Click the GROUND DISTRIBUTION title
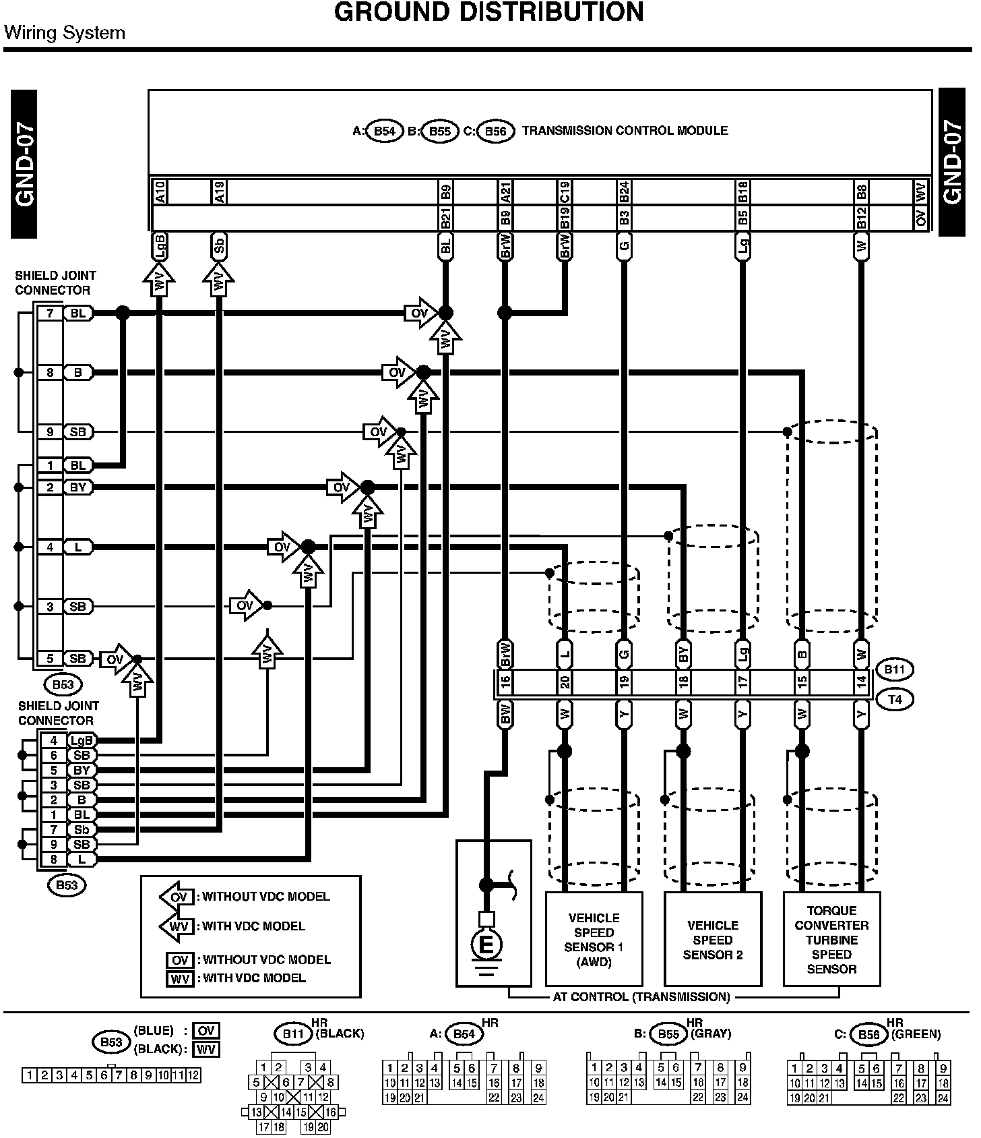(x=488, y=12)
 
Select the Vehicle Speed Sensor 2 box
(x=712, y=939)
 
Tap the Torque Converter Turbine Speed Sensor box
(x=831, y=939)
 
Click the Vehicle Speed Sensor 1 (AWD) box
(x=594, y=939)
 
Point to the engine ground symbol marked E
(x=486, y=945)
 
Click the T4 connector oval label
(x=894, y=699)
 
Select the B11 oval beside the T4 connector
(x=894, y=669)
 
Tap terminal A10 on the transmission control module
(x=160, y=191)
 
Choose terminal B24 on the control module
(x=624, y=191)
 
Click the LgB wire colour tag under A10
(x=160, y=246)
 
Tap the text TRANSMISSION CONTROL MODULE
(x=625, y=131)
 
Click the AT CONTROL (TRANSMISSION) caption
(x=641, y=996)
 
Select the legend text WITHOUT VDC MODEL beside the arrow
(x=266, y=897)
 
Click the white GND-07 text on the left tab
(x=24, y=164)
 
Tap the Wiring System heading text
(x=65, y=33)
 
